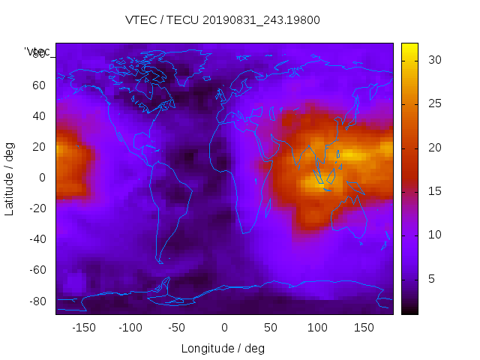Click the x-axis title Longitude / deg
click(223, 349)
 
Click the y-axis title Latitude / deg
click(10, 177)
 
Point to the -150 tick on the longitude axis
click(84, 328)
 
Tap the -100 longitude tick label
click(130, 328)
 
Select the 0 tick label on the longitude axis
click(224, 328)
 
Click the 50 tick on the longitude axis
click(271, 328)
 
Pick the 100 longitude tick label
click(317, 328)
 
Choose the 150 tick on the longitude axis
click(364, 328)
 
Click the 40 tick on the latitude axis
click(39, 116)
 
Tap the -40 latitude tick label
click(37, 239)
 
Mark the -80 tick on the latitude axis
click(37, 301)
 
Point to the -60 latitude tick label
click(37, 270)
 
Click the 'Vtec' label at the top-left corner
click(37, 52)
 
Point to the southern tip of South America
click(160, 262)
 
